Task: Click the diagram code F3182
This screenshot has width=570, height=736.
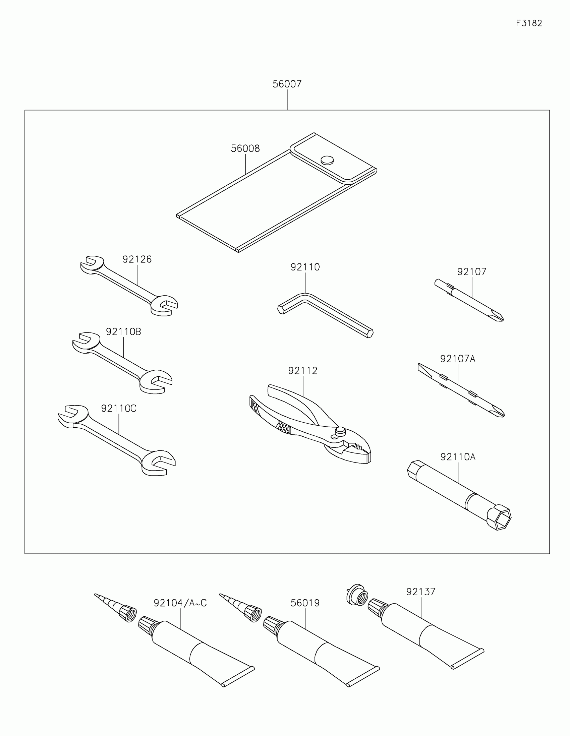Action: (529, 23)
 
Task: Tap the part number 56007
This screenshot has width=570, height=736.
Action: (287, 84)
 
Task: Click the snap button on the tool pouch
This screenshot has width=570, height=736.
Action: (327, 160)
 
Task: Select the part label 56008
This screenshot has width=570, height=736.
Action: (245, 148)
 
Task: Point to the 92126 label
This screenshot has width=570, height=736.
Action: (137, 259)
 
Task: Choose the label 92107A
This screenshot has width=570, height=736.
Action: (457, 359)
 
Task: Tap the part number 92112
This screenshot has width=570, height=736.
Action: (303, 371)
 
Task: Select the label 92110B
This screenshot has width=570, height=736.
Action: (123, 332)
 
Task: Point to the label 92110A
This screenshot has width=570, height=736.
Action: (458, 457)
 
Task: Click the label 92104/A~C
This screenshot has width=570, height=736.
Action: (180, 603)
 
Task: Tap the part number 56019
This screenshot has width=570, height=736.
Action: (305, 603)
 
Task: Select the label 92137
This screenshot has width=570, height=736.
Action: (421, 592)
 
